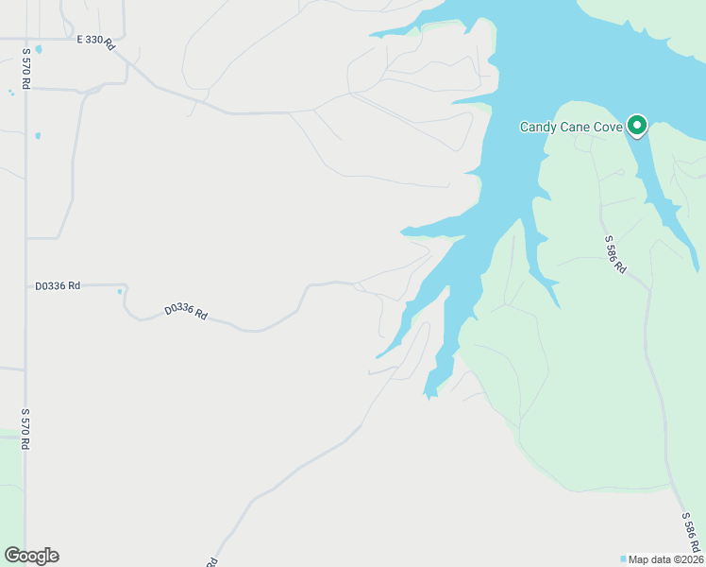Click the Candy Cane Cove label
pyautogui.click(x=571, y=127)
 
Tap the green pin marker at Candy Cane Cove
pyautogui.click(x=637, y=125)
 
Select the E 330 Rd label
pyautogui.click(x=94, y=41)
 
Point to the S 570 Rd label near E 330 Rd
pyautogui.click(x=26, y=69)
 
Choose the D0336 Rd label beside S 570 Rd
pyautogui.click(x=58, y=284)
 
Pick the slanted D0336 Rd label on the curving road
pyautogui.click(x=185, y=310)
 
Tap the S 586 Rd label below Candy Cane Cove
pyautogui.click(x=615, y=253)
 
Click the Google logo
pyautogui.click(x=31, y=556)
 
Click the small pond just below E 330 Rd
pyautogui.click(x=38, y=49)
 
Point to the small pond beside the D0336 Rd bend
pyautogui.click(x=120, y=292)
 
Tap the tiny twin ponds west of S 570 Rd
pyautogui.click(x=10, y=92)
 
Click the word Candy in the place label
pyautogui.click(x=537, y=127)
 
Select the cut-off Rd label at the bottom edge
pyautogui.click(x=213, y=561)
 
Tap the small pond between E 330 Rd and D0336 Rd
pyautogui.click(x=38, y=136)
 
